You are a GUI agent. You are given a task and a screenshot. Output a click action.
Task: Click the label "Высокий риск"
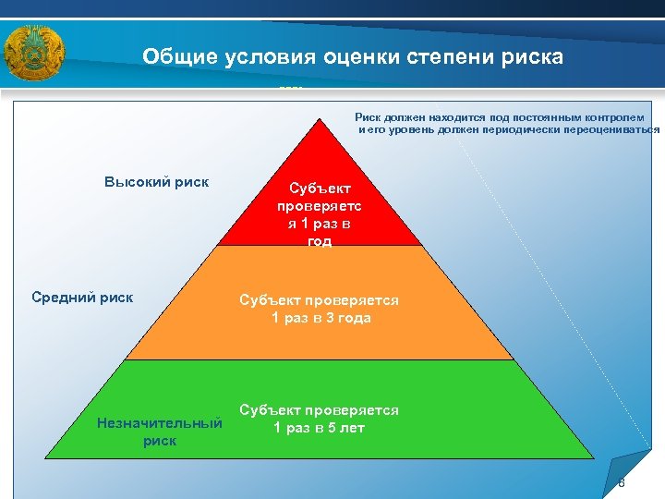pos(156,182)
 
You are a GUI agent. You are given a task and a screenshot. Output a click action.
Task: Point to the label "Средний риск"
pos(82,298)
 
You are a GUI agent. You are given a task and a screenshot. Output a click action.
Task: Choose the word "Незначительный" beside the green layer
pos(160,423)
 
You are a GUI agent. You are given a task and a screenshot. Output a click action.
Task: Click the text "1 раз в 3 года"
pos(320,319)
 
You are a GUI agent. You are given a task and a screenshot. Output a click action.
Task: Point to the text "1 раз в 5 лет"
pos(320,428)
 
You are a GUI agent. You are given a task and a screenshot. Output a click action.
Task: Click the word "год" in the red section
pos(320,241)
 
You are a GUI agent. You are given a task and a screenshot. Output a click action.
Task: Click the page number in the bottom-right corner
pos(622,484)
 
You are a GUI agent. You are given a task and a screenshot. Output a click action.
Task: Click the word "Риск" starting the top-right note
pos(367,117)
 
